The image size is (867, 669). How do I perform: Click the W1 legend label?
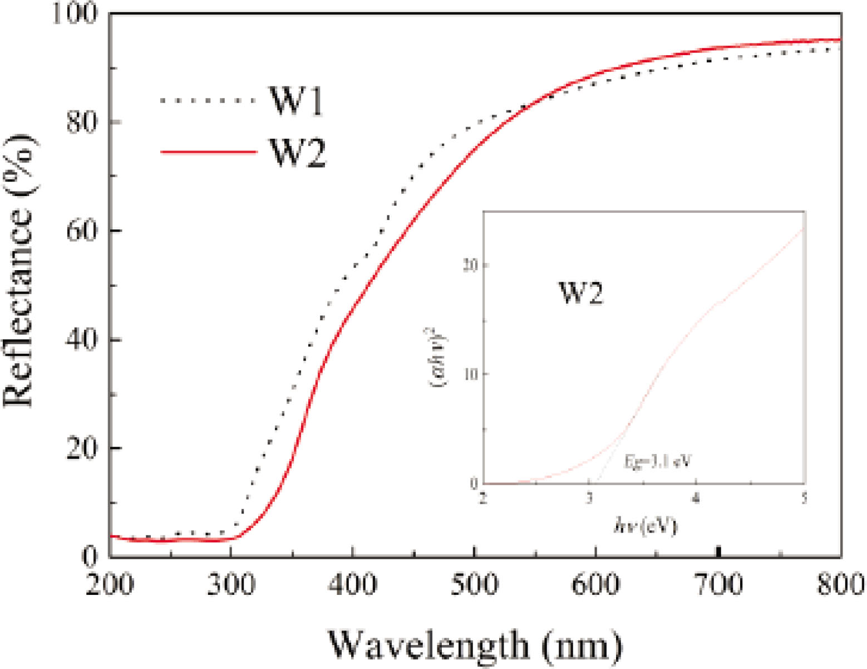(x=296, y=100)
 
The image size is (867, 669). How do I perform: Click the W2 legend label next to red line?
(x=297, y=153)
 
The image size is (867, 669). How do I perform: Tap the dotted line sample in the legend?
(x=207, y=101)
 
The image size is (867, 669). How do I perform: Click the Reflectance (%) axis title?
(x=19, y=271)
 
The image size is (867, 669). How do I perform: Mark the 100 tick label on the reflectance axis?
(x=75, y=13)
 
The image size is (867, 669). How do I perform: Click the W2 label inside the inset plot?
(x=580, y=292)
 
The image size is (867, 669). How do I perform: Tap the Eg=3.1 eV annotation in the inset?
(x=657, y=461)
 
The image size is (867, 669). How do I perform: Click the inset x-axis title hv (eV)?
(x=645, y=525)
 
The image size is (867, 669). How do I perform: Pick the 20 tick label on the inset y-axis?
(x=470, y=265)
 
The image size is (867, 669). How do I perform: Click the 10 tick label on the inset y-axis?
(x=470, y=374)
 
